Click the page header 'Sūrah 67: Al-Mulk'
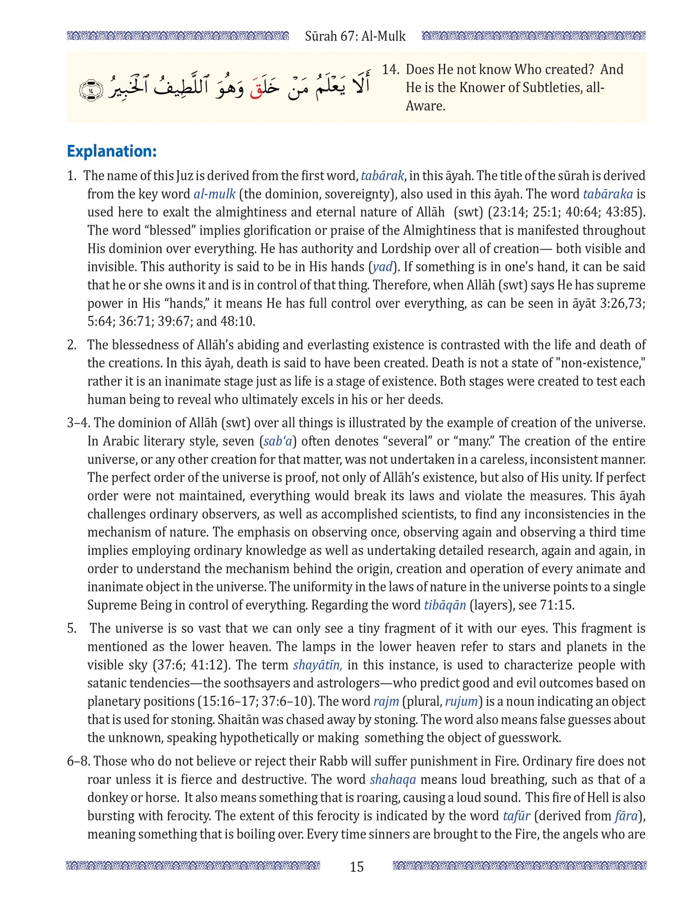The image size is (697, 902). pyautogui.click(x=355, y=36)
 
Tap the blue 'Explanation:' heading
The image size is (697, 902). pyautogui.click(x=112, y=151)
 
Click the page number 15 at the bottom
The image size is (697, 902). pyautogui.click(x=356, y=867)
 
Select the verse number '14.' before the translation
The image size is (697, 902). pyautogui.click(x=390, y=70)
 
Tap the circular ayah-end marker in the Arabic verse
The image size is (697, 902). pyautogui.click(x=91, y=90)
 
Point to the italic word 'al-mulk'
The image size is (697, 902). pyautogui.click(x=214, y=194)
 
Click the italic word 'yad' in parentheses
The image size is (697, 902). pyautogui.click(x=382, y=267)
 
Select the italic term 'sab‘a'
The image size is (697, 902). pyautogui.click(x=278, y=441)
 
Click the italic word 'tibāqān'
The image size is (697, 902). pyautogui.click(x=445, y=605)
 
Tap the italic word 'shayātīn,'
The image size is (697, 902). pyautogui.click(x=318, y=665)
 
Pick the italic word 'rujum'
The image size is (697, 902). pyautogui.click(x=461, y=701)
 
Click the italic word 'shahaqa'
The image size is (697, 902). pyautogui.click(x=393, y=779)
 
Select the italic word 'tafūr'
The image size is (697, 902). pyautogui.click(x=516, y=816)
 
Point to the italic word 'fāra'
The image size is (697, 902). pyautogui.click(x=626, y=816)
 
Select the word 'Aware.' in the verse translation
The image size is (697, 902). pyautogui.click(x=425, y=106)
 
